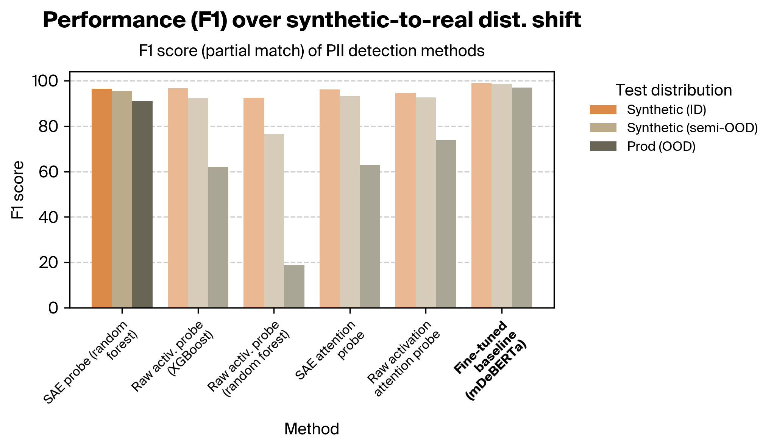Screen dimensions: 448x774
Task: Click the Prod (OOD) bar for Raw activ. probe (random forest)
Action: coord(294,287)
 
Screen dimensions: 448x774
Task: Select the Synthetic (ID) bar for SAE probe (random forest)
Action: coord(101,198)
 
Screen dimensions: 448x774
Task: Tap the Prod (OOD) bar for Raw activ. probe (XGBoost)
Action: coord(218,237)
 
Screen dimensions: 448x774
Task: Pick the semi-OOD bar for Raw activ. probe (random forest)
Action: coord(274,221)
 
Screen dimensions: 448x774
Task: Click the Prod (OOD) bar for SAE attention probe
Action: coord(370,236)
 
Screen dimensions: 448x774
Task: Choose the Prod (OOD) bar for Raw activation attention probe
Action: coord(446,224)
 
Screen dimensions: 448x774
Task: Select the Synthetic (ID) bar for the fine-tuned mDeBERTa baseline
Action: coord(481,195)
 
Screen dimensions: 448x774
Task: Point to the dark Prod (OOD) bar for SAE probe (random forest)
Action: coord(142,204)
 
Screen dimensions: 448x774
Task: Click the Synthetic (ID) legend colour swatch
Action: coord(603,110)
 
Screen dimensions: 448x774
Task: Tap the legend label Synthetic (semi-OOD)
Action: coord(692,128)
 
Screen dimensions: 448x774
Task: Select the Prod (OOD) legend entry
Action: coord(661,146)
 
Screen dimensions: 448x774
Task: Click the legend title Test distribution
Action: coord(673,90)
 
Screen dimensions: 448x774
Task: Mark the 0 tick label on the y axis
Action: coord(53,308)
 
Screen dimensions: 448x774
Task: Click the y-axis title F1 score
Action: coord(17,190)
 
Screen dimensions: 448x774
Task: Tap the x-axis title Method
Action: coord(311,429)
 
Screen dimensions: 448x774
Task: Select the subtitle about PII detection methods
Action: coord(311,51)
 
